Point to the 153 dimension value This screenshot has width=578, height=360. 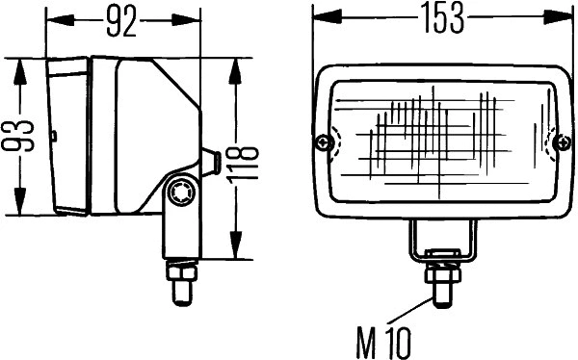point(442,18)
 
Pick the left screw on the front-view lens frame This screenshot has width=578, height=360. point(325,144)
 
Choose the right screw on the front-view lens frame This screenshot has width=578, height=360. point(563,143)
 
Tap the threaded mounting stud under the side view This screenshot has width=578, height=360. point(180,281)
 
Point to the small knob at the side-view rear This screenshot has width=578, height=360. point(209,162)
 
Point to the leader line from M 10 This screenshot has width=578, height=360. point(410,315)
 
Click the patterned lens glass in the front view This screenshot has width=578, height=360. point(443,135)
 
